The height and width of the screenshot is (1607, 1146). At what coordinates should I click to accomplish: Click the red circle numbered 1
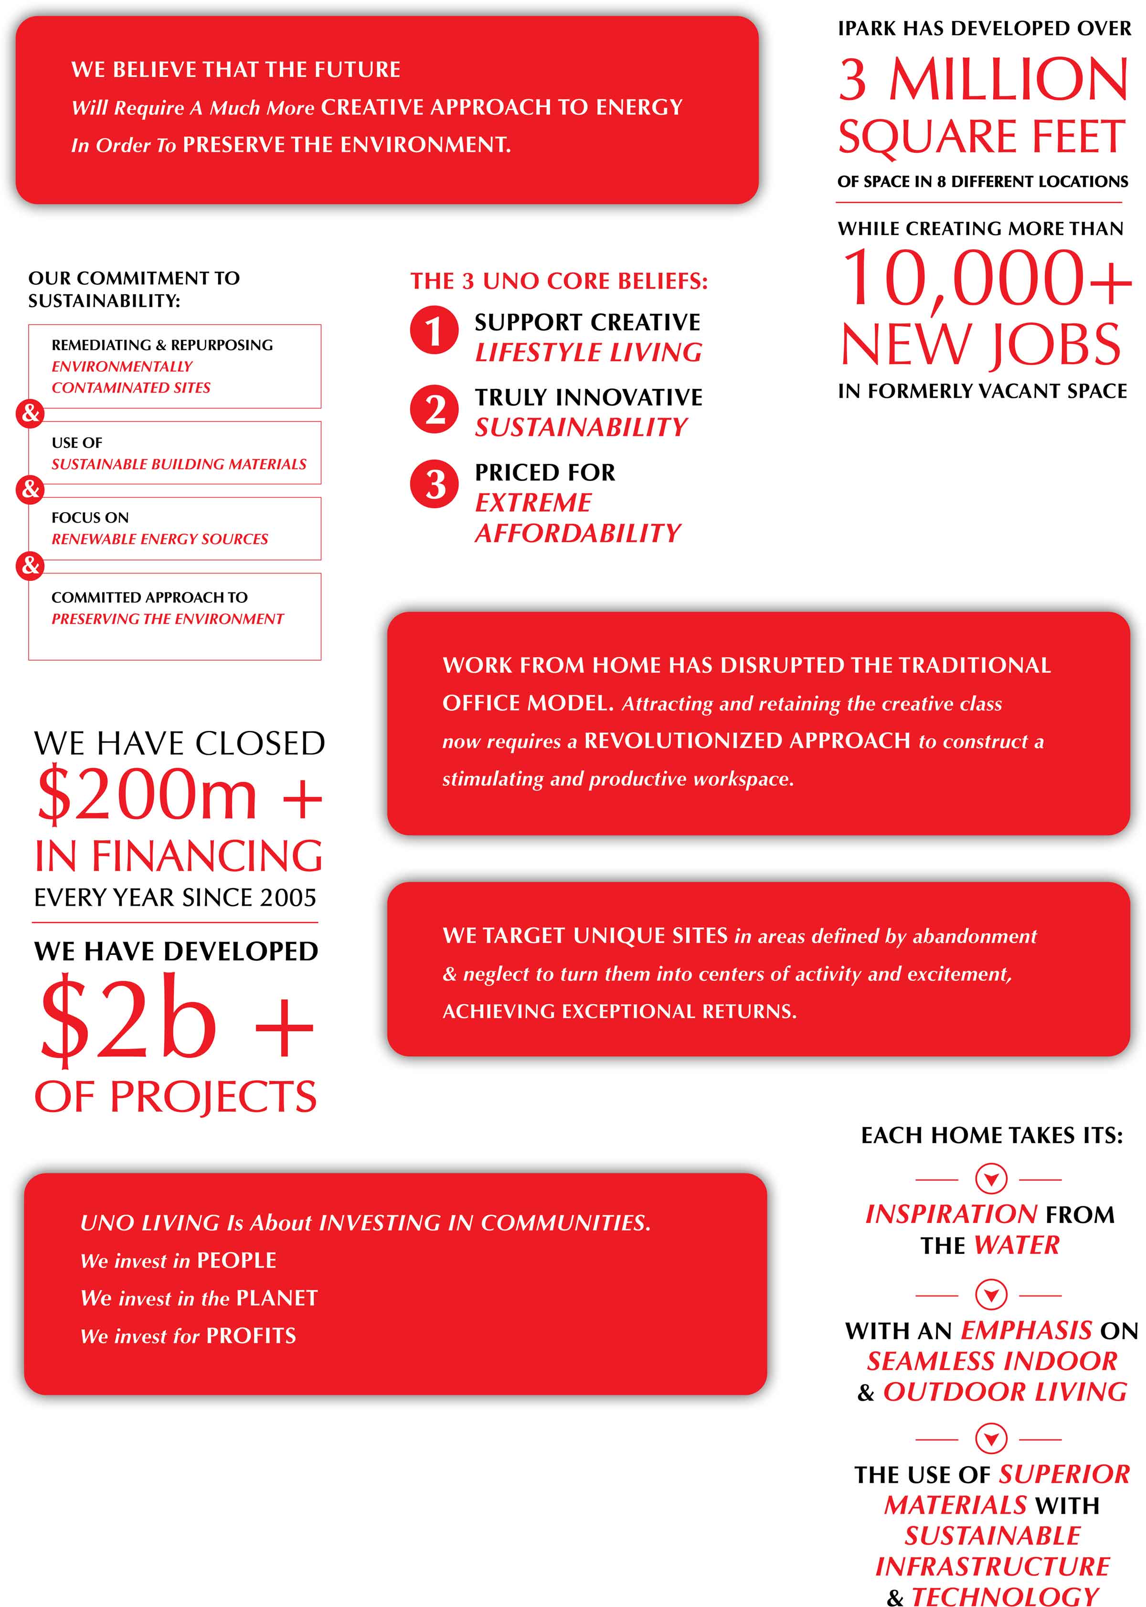tap(434, 330)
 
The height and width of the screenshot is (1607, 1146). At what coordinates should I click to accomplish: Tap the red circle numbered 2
tap(434, 408)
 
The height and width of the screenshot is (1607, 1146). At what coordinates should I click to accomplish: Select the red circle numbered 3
tap(434, 484)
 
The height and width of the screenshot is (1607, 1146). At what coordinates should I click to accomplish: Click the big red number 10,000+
tap(987, 279)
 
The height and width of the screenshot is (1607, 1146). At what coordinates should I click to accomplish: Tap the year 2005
tap(288, 898)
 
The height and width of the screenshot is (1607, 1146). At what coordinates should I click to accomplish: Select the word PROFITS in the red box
tap(251, 1335)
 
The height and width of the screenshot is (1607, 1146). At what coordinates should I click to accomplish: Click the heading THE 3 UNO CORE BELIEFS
tap(559, 281)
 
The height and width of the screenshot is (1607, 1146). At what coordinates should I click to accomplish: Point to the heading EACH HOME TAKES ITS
tap(991, 1136)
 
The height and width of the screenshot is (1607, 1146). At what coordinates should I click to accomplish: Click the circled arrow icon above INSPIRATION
tap(991, 1178)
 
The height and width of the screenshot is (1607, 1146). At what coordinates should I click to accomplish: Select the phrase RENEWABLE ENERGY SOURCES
tap(159, 539)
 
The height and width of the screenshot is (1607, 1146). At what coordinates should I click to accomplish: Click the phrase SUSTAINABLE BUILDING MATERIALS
tap(179, 464)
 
